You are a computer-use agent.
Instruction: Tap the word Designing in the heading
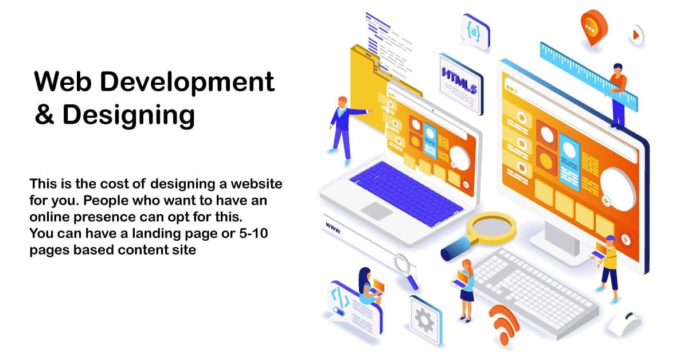coord(129,115)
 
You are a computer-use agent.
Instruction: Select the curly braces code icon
coord(474,30)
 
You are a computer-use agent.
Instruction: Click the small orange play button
coord(635,36)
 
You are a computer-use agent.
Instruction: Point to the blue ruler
coord(591,75)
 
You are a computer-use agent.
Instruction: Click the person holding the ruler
coord(617,95)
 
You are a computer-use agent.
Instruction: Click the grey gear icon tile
coord(425,319)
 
